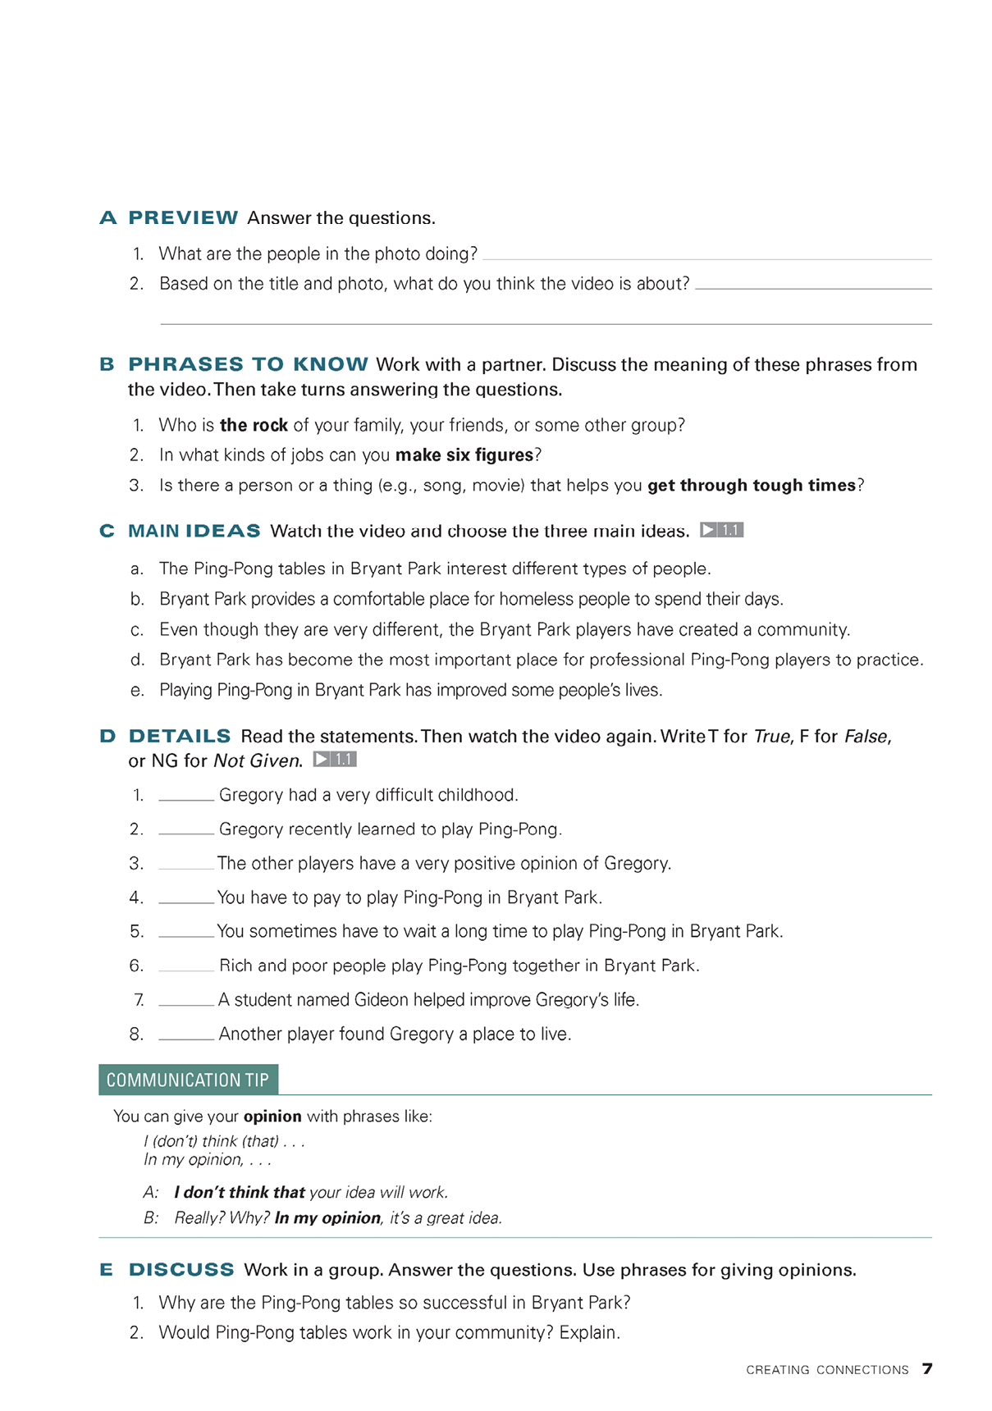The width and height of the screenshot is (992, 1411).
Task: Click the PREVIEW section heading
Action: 183,217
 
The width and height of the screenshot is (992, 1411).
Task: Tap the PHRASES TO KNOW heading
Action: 248,364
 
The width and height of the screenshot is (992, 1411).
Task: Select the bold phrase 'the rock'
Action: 254,425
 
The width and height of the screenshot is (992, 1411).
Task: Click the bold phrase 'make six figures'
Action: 464,455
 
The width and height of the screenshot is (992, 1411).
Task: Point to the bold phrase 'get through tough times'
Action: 752,486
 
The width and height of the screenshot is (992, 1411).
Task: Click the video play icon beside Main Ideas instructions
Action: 721,530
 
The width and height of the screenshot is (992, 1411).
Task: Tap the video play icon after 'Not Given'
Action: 335,760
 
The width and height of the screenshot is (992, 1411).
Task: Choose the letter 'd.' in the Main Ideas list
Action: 138,660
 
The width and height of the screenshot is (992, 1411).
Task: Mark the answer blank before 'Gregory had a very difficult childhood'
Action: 186,796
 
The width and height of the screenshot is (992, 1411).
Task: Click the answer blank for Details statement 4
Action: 186,898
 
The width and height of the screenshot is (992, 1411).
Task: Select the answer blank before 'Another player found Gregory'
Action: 186,1034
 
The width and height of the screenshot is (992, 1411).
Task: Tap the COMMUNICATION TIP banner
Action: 188,1080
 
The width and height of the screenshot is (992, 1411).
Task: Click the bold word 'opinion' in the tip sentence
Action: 272,1116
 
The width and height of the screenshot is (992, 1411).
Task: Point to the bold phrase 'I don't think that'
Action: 240,1193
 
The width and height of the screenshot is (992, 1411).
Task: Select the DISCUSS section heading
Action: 181,1270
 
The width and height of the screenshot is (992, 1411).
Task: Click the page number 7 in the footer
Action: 927,1368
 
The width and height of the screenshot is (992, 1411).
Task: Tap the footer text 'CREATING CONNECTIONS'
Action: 827,1370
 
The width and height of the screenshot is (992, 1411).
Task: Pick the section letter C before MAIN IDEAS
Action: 107,532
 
